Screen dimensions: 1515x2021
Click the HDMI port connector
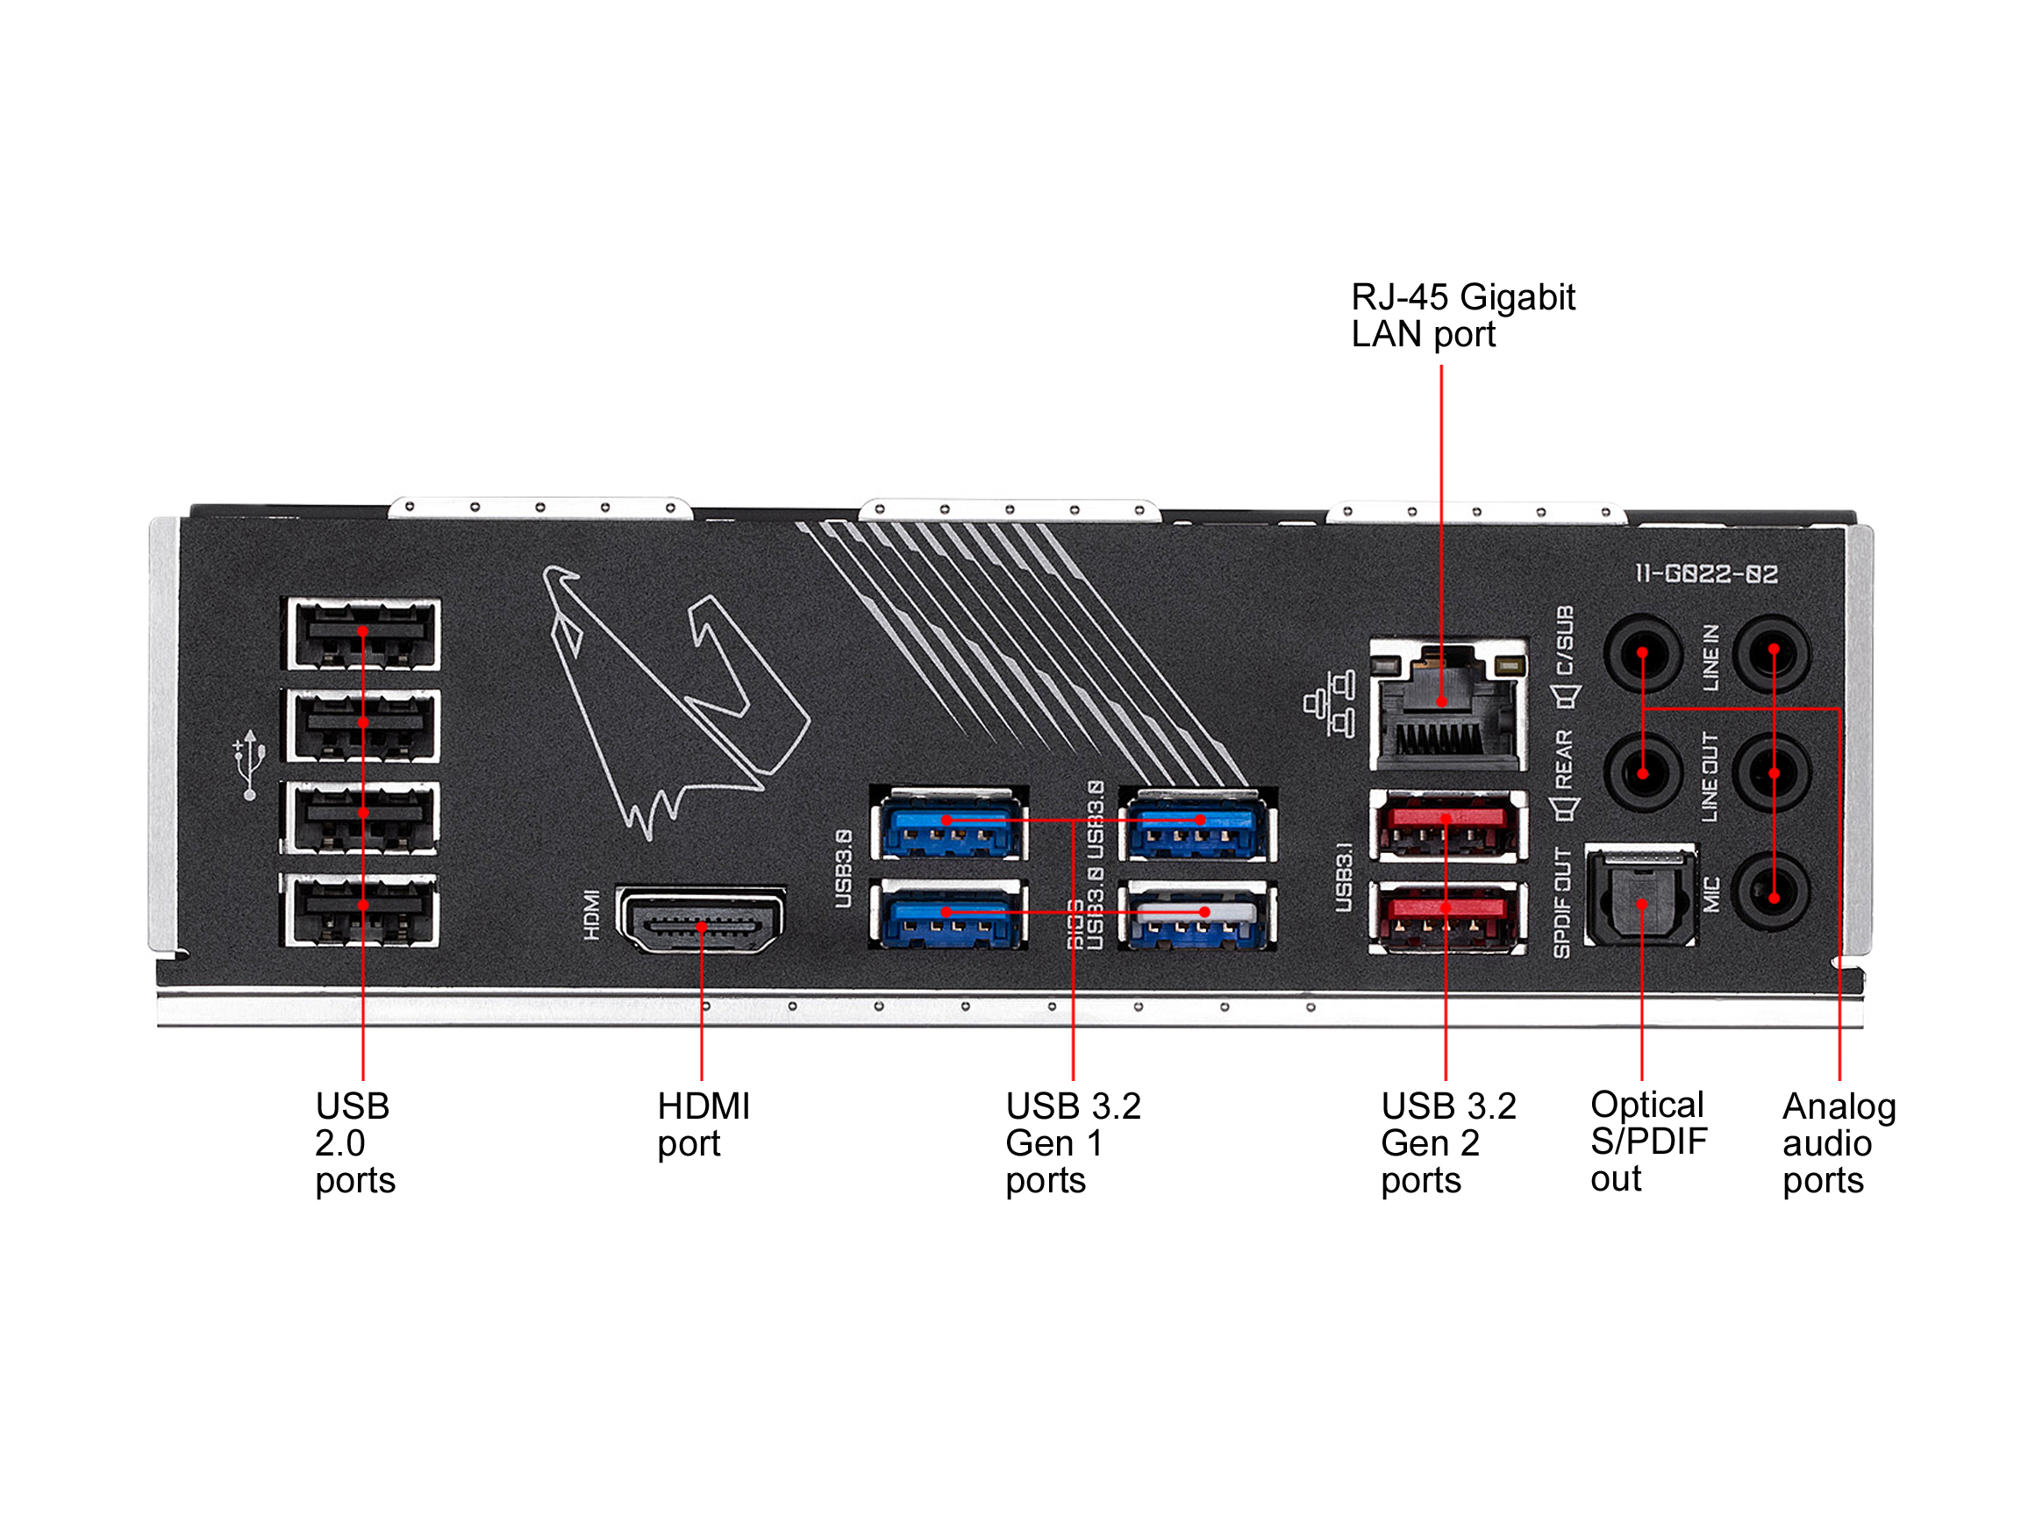[701, 921]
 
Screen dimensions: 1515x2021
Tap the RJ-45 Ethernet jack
[1448, 704]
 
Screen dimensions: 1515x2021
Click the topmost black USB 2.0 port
[363, 634]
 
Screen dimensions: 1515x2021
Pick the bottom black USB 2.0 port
[363, 909]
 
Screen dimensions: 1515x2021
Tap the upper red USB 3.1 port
[1447, 826]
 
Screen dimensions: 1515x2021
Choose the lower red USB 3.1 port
[1447, 917]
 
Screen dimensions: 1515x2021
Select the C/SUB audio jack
[1642, 654]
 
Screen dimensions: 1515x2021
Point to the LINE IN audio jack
[1772, 654]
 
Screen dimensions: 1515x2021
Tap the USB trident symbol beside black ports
[249, 765]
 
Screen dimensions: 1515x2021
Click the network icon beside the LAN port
[1331, 704]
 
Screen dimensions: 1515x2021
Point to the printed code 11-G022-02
[1706, 573]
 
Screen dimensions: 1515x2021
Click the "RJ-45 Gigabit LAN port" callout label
[1463, 315]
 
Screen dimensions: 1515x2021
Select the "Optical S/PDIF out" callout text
[1647, 1141]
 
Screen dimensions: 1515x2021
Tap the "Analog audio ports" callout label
[1839, 1142]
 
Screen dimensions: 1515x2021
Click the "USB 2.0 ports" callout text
[354, 1142]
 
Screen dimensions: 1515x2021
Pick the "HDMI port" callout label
[703, 1124]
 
